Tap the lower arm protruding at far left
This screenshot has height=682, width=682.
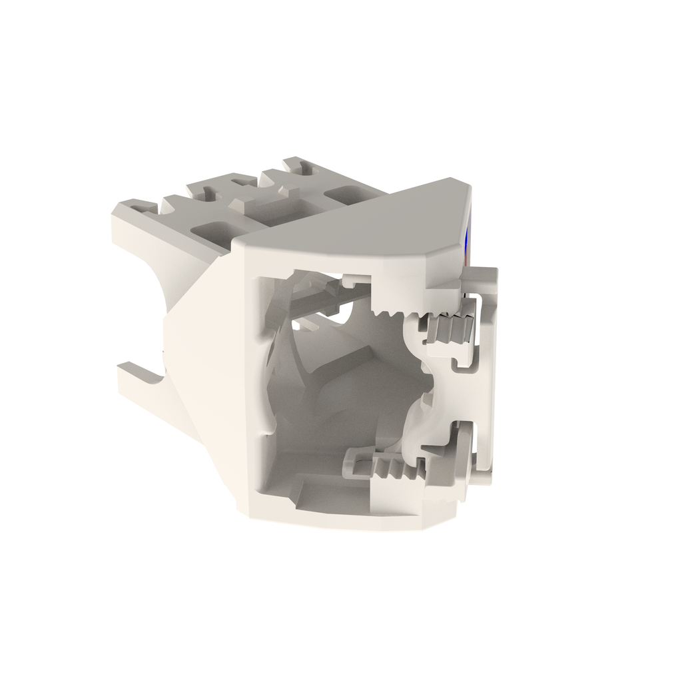tap(140, 377)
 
